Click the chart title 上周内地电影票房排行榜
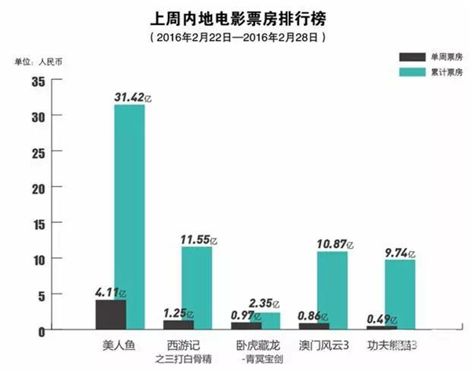click(235, 16)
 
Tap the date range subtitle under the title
click(235, 36)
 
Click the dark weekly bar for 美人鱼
click(110, 314)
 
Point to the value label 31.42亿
click(133, 96)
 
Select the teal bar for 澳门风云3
click(332, 290)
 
